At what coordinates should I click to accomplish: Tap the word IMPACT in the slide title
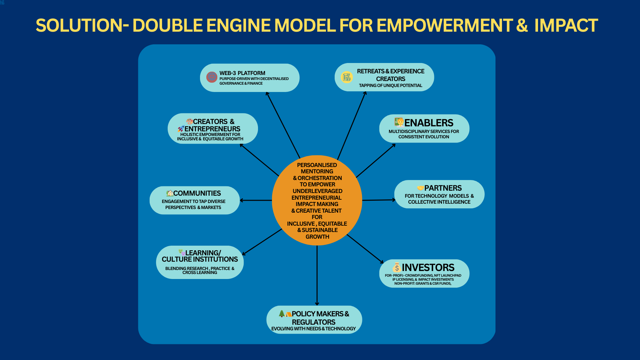point(566,25)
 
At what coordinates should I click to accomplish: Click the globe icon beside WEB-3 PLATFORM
point(212,77)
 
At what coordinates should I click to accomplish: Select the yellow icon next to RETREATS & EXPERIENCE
point(347,77)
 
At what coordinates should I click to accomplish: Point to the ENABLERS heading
point(429,123)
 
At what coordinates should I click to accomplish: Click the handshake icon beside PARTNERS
point(420,188)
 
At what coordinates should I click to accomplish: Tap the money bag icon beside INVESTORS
point(397,267)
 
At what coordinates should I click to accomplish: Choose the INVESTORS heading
point(428,267)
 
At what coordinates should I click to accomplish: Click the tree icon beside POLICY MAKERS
point(282,313)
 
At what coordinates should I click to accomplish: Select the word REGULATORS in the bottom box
point(314,322)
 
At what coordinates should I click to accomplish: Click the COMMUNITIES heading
point(197,193)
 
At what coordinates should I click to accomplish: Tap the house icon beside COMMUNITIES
point(170,193)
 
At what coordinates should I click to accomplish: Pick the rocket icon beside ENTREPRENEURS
point(181,129)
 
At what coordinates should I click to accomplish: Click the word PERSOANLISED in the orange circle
point(317,165)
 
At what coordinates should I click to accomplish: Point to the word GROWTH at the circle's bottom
point(317,237)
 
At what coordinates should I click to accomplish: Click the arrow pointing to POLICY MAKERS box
point(317,275)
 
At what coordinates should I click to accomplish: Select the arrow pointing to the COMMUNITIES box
point(256,200)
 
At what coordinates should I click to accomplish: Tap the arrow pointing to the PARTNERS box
point(379,200)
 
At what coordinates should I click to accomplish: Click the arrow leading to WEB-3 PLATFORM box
point(283,125)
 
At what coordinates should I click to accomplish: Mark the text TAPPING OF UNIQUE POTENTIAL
point(391,86)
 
